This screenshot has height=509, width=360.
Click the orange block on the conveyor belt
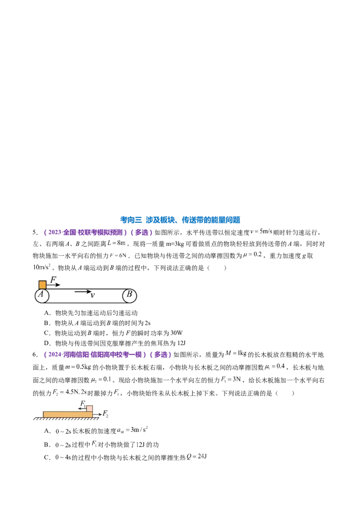point(42,285)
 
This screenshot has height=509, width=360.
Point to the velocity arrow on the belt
point(82,292)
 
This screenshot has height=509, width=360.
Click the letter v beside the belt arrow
point(92,295)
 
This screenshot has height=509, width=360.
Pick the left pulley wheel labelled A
point(41,295)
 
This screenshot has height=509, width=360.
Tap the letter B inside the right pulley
point(129,295)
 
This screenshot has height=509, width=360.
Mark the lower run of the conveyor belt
point(85,304)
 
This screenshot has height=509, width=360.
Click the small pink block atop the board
point(90,409)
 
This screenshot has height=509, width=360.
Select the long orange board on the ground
point(67,414)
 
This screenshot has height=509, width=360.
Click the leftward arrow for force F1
point(81,409)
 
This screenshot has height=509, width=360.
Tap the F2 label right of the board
point(105,413)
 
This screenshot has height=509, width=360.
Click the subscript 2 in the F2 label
point(107,415)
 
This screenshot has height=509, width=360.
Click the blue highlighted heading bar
point(180,220)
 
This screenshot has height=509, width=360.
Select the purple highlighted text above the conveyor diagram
point(99,233)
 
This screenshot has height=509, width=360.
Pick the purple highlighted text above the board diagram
point(108,354)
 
